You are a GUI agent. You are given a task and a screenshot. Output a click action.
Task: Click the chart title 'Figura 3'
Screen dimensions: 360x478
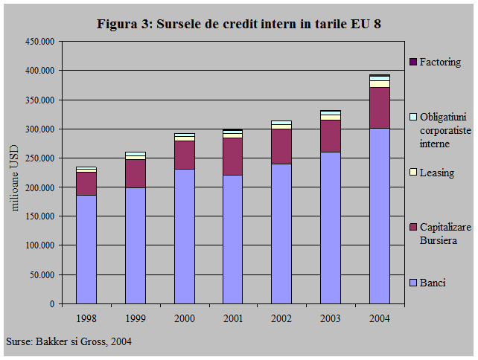pos(239,24)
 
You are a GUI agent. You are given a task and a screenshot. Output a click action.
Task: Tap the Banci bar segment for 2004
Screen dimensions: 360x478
pos(380,216)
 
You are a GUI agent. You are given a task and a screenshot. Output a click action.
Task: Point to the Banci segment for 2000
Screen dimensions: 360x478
pos(184,237)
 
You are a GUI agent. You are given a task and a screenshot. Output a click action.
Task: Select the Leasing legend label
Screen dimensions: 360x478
pos(436,173)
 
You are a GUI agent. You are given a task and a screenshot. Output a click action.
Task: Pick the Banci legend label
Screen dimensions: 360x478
pos(432,283)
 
